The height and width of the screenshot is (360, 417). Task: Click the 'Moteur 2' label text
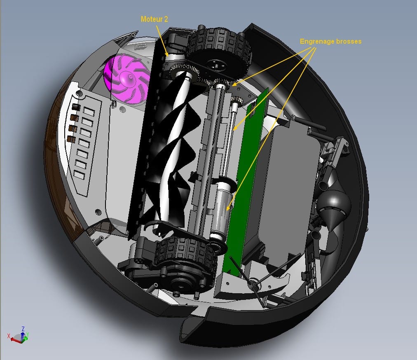(154, 19)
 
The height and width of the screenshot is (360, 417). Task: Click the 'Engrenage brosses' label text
(330, 41)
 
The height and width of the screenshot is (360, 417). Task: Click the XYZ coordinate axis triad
(19, 336)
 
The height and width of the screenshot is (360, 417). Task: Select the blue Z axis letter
(23, 329)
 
